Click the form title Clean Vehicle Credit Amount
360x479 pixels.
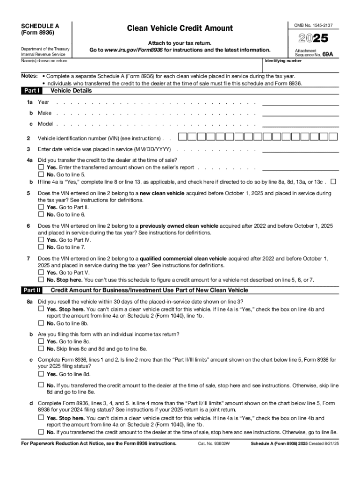[180, 29]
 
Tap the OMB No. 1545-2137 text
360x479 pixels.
[317, 25]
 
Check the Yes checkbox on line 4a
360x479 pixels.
[41, 167]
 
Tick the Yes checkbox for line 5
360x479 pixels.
[41, 207]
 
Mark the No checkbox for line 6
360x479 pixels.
[41, 247]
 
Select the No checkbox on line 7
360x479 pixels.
[41, 280]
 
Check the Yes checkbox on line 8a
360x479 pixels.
[41, 309]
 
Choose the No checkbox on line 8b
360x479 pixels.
[41, 348]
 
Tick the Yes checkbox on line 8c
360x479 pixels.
[41, 374]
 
